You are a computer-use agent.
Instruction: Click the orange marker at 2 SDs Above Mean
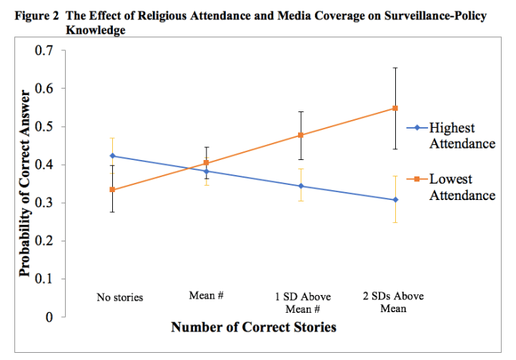395,108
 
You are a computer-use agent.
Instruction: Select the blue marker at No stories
113,156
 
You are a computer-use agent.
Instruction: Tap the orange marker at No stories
113,189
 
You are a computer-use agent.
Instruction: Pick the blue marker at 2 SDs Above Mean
395,199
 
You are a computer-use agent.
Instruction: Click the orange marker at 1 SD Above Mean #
301,135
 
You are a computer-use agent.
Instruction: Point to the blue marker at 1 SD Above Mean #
301,186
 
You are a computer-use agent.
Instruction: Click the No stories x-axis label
120,297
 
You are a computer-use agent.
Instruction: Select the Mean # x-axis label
207,295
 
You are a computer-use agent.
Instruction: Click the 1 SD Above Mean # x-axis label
299,302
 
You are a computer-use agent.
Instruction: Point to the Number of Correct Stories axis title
253,328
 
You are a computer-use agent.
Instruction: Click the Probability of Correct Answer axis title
24,183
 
